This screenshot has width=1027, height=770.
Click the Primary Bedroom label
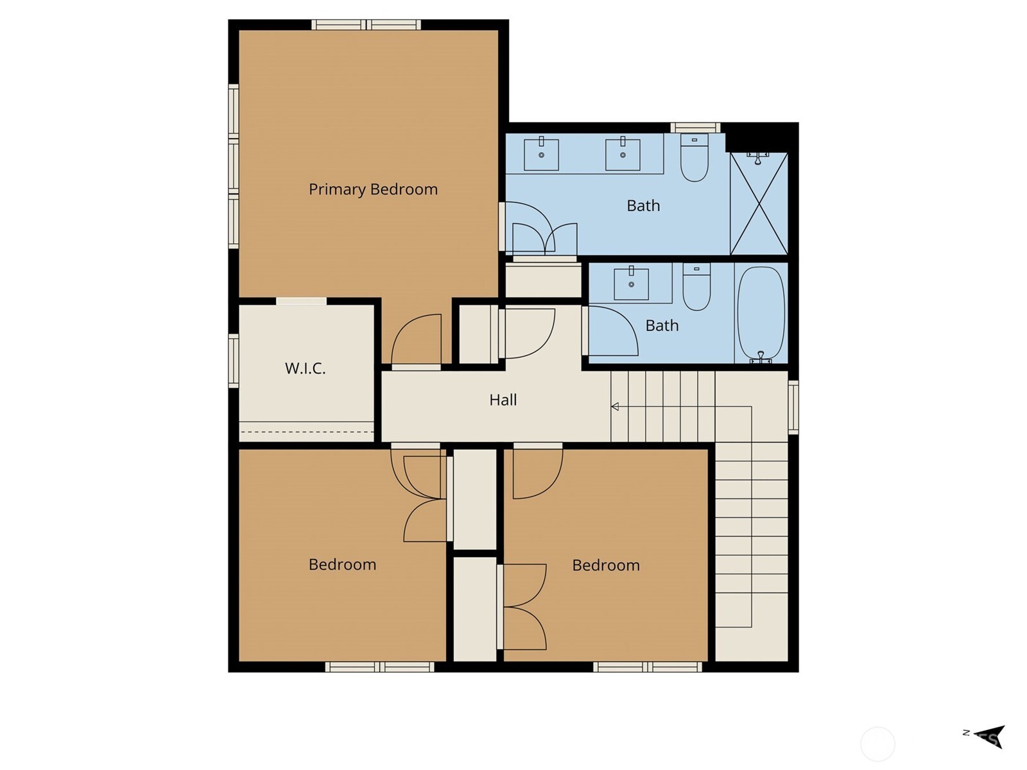373,189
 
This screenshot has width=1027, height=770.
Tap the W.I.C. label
305,368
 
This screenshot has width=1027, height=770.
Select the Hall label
503,400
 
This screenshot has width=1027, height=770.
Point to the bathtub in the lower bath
761,314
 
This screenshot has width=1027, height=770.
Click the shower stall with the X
759,204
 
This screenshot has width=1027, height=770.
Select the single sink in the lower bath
631,284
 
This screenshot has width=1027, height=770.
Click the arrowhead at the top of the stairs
615,406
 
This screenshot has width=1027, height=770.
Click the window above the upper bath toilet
695,128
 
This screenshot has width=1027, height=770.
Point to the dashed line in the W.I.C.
306,432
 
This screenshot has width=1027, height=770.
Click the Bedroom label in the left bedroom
342,565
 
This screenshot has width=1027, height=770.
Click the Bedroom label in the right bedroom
606,565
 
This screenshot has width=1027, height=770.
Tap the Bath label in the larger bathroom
643,206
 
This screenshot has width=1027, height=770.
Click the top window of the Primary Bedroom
367,25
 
